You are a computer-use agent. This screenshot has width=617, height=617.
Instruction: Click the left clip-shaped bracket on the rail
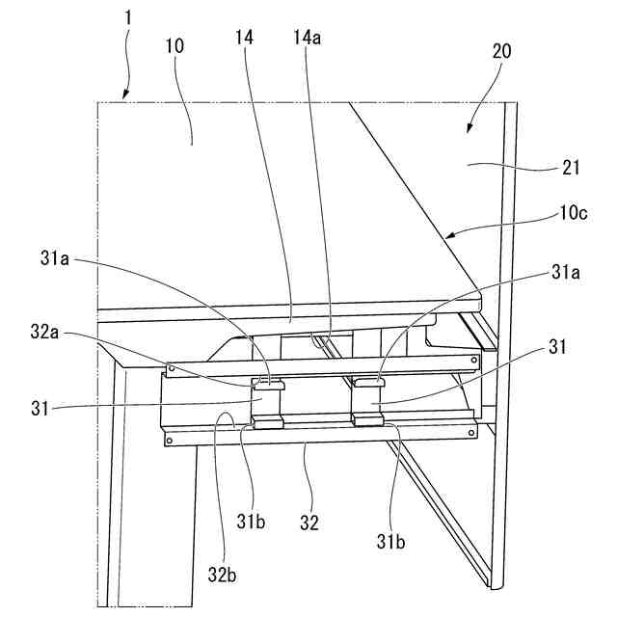click(269, 401)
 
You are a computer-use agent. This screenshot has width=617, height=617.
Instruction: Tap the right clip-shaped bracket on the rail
click(369, 401)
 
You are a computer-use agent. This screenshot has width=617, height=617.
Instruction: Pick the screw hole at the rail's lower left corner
click(171, 442)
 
